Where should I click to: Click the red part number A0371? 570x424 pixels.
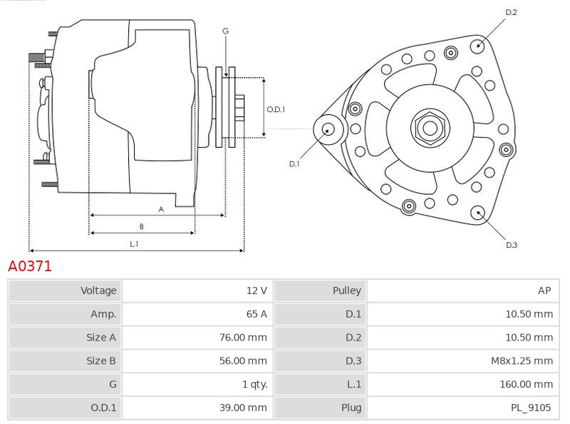(30, 266)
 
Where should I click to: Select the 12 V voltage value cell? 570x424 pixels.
(256, 291)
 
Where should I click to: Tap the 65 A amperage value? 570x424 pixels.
(256, 314)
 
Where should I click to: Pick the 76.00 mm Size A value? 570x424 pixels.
(243, 338)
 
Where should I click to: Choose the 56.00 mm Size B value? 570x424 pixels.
(243, 361)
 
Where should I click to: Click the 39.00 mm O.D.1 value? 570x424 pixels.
(243, 408)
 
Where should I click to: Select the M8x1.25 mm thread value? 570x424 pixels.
(522, 361)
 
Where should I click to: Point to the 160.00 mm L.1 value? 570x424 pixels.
(526, 385)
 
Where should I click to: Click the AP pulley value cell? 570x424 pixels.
(544, 291)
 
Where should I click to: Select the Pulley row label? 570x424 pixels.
(346, 291)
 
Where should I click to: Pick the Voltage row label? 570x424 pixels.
(98, 291)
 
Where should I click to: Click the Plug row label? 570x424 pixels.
(351, 408)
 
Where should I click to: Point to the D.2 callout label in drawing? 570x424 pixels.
(511, 12)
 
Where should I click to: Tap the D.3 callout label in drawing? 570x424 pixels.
(511, 245)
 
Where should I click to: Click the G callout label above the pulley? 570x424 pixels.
(225, 31)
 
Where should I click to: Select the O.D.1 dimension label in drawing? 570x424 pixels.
(276, 109)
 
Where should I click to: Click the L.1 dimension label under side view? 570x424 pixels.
(134, 244)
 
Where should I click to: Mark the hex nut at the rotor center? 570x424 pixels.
(430, 128)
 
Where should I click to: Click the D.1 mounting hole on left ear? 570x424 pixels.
(328, 129)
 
